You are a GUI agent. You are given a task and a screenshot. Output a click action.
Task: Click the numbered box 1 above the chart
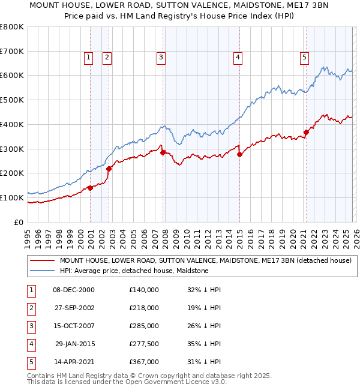88,58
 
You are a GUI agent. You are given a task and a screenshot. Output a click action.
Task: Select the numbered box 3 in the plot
161,58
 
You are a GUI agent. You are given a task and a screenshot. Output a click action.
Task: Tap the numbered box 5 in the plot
304,58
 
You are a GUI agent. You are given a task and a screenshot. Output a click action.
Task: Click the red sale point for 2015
239,154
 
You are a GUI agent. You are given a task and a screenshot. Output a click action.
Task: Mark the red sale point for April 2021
306,132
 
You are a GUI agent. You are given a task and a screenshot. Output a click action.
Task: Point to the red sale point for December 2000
90,188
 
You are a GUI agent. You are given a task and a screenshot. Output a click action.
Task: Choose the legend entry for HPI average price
134,271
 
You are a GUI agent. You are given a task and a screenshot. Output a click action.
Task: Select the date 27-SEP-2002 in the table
74,308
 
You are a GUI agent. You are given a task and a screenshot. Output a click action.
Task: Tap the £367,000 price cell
144,362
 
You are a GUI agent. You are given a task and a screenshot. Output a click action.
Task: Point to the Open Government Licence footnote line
127,382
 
